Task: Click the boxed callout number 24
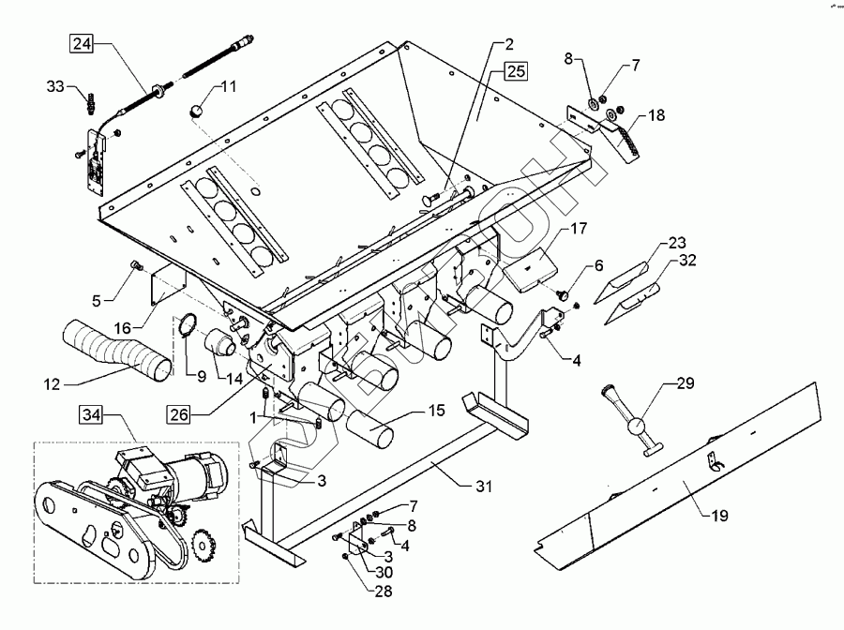tap(83, 43)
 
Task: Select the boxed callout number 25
tap(516, 71)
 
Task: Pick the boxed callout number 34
tap(92, 414)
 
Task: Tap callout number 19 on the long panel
tap(720, 514)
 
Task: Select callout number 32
tap(688, 262)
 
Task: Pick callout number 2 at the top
tap(509, 43)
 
